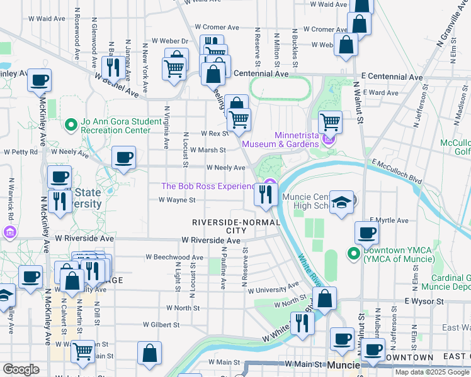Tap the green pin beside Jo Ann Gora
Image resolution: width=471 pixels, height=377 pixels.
pos(71,126)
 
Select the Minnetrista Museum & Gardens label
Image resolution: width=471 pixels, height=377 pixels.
pos(296,139)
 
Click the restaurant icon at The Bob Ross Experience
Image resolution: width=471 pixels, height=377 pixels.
pos(266,194)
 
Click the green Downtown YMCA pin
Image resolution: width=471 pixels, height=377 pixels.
pos(353,254)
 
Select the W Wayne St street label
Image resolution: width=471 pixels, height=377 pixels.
pos(177,200)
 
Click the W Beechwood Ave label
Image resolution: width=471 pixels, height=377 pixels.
pos(174,257)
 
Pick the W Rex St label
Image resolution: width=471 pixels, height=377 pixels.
pos(213,134)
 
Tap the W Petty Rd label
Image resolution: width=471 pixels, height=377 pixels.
pos(21,151)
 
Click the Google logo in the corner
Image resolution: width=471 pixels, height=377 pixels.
pos(21,369)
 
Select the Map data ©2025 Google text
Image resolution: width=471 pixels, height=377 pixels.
pos(432,372)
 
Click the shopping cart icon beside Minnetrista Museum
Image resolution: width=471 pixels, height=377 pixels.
pos(330,121)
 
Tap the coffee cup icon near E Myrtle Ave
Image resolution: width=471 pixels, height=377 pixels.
pos(366,232)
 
